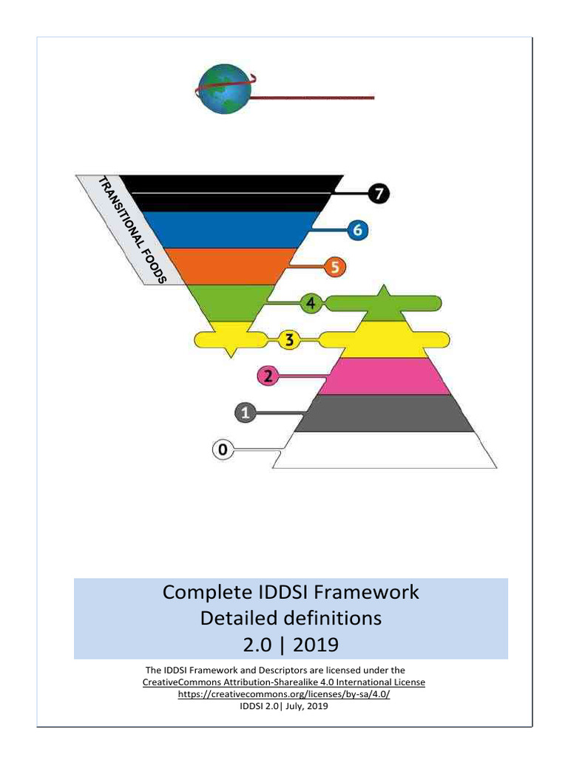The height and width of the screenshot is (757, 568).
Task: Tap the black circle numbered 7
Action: [379, 194]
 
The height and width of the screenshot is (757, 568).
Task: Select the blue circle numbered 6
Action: [357, 231]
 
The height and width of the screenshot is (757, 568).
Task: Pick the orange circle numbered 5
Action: [335, 267]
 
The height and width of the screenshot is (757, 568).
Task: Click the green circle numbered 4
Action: [311, 303]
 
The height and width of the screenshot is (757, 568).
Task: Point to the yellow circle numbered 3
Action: [289, 340]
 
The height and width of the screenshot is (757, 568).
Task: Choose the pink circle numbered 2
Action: [268, 376]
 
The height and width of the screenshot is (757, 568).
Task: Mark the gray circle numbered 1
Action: [246, 413]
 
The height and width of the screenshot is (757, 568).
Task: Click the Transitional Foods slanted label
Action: [132, 228]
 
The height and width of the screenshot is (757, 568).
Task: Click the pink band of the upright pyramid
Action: [384, 376]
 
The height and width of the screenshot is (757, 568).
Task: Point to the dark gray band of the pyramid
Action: [384, 413]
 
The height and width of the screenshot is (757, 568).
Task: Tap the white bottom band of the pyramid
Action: [384, 449]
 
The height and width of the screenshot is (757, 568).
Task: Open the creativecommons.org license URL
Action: [284, 695]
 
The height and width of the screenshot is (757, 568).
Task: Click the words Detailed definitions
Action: [291, 618]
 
